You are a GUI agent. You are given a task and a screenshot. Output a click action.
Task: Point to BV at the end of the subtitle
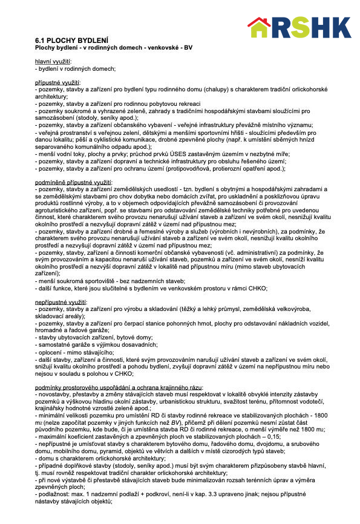point(188,47)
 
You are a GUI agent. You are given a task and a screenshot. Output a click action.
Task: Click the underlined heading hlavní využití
point(53,62)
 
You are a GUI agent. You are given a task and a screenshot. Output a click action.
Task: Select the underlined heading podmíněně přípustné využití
point(73,182)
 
